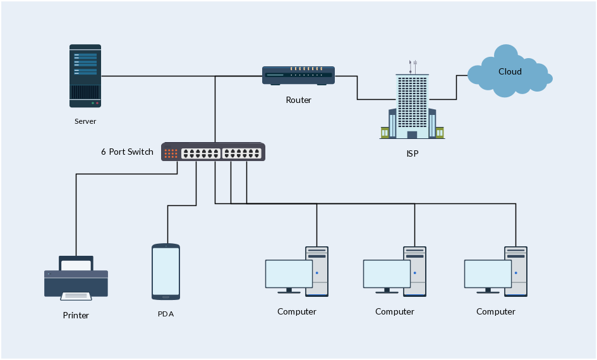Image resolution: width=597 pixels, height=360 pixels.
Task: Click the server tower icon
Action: (x=85, y=75)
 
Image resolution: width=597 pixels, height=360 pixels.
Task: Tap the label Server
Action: (x=85, y=121)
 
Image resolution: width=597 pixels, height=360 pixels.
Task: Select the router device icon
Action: (x=298, y=76)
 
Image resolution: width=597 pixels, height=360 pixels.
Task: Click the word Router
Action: (x=298, y=100)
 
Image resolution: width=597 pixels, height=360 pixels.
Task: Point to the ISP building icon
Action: (x=412, y=104)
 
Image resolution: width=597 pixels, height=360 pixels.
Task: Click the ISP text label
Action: (x=412, y=153)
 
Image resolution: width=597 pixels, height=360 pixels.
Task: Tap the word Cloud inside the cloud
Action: (x=510, y=71)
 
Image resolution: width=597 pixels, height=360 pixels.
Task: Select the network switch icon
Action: (x=214, y=152)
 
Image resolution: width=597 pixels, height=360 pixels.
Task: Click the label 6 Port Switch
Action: (x=127, y=152)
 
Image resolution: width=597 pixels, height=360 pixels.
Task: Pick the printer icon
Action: (x=76, y=278)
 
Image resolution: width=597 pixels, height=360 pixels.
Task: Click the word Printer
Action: (x=76, y=315)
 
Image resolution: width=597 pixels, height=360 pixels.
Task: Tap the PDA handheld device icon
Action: (x=166, y=272)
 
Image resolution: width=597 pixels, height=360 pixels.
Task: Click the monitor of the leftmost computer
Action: (x=289, y=273)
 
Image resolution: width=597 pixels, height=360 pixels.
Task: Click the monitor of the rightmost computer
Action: (x=488, y=273)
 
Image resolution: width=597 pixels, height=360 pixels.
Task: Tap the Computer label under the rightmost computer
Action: (x=496, y=311)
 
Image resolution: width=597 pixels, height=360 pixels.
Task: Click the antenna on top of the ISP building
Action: (x=413, y=66)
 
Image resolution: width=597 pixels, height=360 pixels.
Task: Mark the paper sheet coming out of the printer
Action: (x=76, y=295)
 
